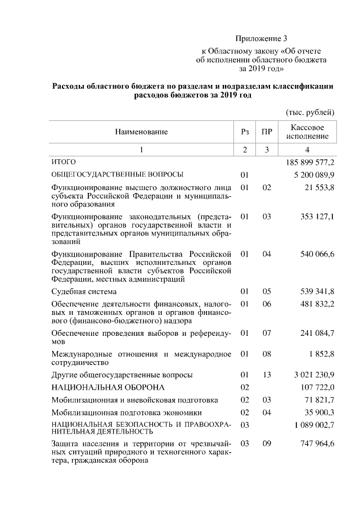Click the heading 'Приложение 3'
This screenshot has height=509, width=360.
[x=261, y=39]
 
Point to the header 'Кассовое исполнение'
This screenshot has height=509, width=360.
[x=307, y=132]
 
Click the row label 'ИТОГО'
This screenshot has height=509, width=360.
[x=64, y=162]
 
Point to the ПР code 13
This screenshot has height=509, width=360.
[x=267, y=375]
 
